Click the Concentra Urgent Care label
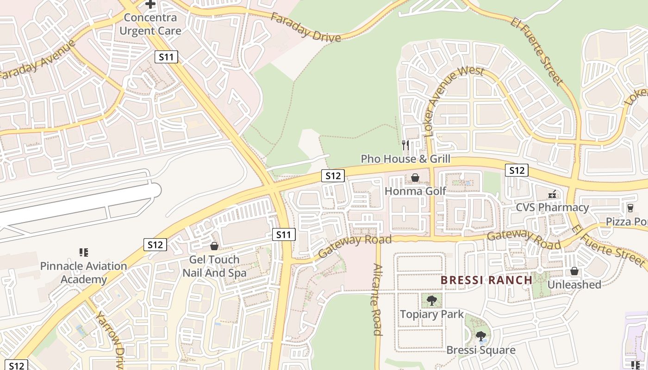click(x=150, y=24)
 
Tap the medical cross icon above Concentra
click(x=150, y=4)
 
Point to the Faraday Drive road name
click(x=305, y=27)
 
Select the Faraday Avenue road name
click(x=37, y=60)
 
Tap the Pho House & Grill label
click(x=405, y=159)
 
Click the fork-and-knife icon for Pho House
click(x=405, y=145)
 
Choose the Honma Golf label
click(x=416, y=191)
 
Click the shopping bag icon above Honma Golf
click(x=415, y=178)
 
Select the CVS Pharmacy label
click(x=552, y=207)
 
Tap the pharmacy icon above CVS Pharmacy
click(x=552, y=194)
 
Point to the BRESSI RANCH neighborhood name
click(x=486, y=280)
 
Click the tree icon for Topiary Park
click(x=432, y=301)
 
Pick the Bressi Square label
click(x=481, y=350)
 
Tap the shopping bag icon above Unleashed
click(x=574, y=271)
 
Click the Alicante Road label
click(x=377, y=300)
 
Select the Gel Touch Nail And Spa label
click(x=214, y=266)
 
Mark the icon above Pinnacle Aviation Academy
click(x=84, y=253)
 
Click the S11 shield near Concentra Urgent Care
click(x=166, y=57)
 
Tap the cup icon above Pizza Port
click(x=630, y=208)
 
